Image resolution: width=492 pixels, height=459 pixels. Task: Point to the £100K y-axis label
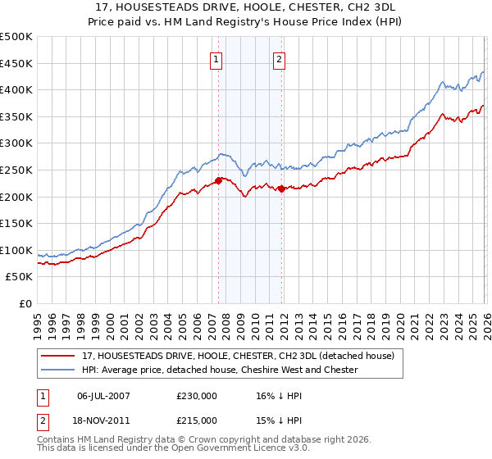click(x=16, y=250)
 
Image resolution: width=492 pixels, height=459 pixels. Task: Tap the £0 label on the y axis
click(x=24, y=303)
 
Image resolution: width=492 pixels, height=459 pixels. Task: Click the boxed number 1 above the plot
click(x=216, y=59)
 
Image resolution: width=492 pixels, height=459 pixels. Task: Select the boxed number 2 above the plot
click(x=280, y=59)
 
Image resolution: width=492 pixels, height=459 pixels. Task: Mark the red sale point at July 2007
click(x=218, y=180)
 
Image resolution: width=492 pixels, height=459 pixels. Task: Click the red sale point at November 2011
click(x=281, y=189)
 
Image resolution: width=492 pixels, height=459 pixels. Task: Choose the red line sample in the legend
click(x=57, y=356)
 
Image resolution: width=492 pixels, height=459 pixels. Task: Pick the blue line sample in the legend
click(x=57, y=370)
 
